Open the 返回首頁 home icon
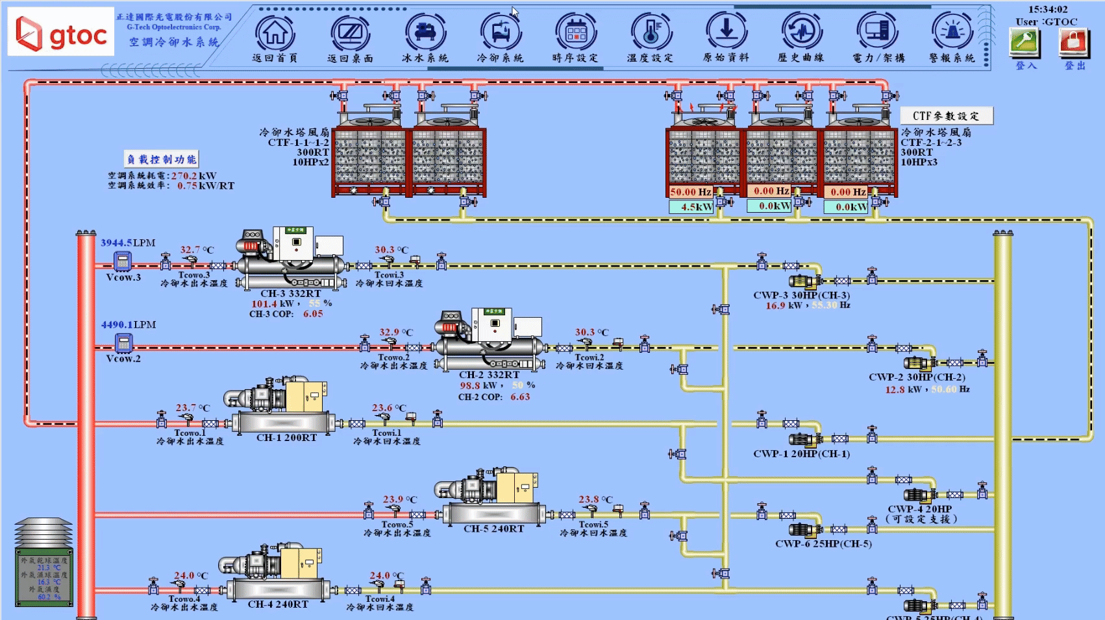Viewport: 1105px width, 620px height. [x=275, y=32]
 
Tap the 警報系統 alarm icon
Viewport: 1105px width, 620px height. [x=951, y=32]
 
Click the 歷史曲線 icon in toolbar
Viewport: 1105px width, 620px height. [x=801, y=32]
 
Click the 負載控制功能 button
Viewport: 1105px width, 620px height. [x=162, y=159]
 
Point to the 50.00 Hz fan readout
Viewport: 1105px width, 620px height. [x=690, y=192]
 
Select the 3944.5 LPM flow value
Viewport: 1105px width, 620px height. [x=116, y=243]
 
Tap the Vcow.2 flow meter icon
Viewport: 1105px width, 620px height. [x=123, y=342]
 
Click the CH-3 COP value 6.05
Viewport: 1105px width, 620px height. [x=312, y=313]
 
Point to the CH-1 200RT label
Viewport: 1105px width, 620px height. [x=286, y=438]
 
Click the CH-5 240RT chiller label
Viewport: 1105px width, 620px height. [x=493, y=529]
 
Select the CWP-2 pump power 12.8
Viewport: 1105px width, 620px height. [x=894, y=390]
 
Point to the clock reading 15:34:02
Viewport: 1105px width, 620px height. [x=1048, y=9]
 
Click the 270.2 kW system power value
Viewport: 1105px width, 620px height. [x=184, y=176]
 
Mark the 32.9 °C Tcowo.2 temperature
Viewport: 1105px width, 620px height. [x=390, y=332]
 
